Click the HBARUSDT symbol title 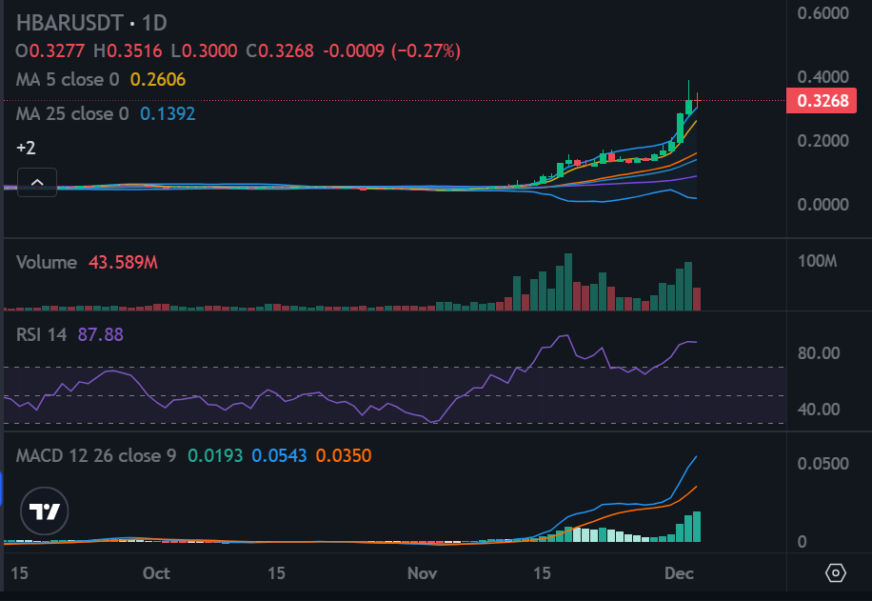tap(69, 23)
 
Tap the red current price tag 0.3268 tap(822, 101)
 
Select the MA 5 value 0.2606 tap(158, 80)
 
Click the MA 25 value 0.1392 tap(168, 114)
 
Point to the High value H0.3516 tap(128, 51)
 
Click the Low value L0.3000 tap(204, 51)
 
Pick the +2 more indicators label tap(26, 148)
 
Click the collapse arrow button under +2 tap(37, 182)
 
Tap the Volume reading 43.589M tap(124, 262)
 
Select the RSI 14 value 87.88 tap(101, 334)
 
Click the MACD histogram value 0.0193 tap(215, 456)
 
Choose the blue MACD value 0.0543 tap(279, 456)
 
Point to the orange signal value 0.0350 tap(344, 456)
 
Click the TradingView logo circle tap(45, 511)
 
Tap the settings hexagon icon tap(835, 572)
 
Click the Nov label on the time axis tap(422, 573)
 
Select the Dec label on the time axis tap(679, 573)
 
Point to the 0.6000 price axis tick tap(823, 13)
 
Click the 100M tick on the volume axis tap(818, 261)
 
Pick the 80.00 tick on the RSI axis tap(819, 352)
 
